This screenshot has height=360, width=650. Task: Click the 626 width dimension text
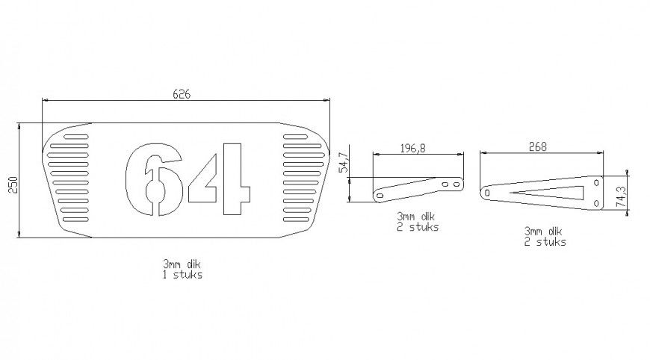pos(182,94)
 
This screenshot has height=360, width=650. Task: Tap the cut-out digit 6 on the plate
pos(154,180)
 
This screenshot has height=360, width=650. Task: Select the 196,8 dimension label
pos(412,148)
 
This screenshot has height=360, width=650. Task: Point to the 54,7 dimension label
pos(344,162)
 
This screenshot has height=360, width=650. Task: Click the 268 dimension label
pos(536,147)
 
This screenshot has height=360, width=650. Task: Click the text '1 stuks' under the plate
pos(182,274)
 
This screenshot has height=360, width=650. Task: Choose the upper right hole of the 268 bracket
pos(596,181)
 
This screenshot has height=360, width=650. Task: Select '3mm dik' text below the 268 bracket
pos(543,232)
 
